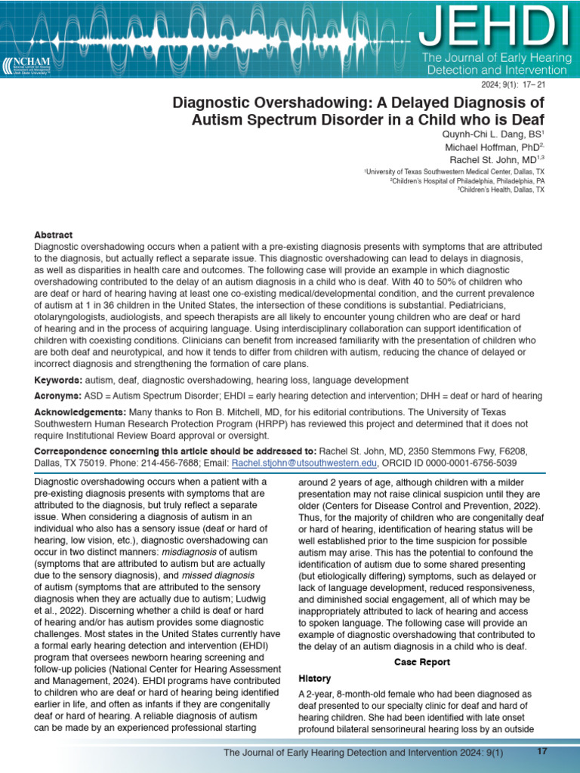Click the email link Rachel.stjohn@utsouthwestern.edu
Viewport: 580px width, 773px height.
coord(314,463)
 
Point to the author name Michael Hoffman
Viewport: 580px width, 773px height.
coord(491,147)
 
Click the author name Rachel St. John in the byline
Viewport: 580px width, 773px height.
coord(492,160)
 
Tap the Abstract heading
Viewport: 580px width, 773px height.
coord(53,236)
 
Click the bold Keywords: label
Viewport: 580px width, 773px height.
coord(59,380)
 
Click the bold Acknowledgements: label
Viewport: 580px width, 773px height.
coord(80,413)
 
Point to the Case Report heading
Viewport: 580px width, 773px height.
coord(422,662)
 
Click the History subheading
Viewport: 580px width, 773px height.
coord(315,679)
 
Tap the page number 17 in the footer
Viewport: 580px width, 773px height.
coord(541,751)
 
